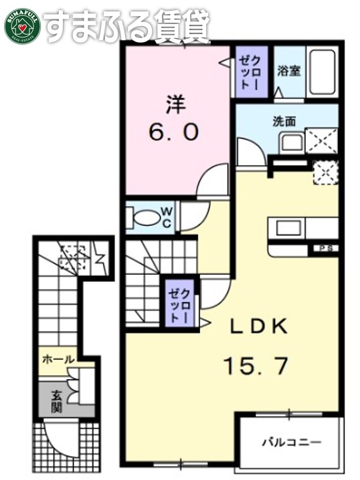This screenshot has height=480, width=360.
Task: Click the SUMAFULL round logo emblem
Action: [x=21, y=24]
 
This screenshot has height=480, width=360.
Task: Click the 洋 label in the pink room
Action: [x=175, y=105]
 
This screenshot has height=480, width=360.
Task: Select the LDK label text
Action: [x=259, y=326]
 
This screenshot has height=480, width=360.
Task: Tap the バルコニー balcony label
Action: [x=290, y=442]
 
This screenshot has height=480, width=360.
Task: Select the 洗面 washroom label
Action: [x=284, y=122]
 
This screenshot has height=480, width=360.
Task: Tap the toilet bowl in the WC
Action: [x=144, y=217]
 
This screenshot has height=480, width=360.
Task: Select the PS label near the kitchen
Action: [x=327, y=249]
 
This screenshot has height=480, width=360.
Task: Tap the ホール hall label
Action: [x=58, y=360]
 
